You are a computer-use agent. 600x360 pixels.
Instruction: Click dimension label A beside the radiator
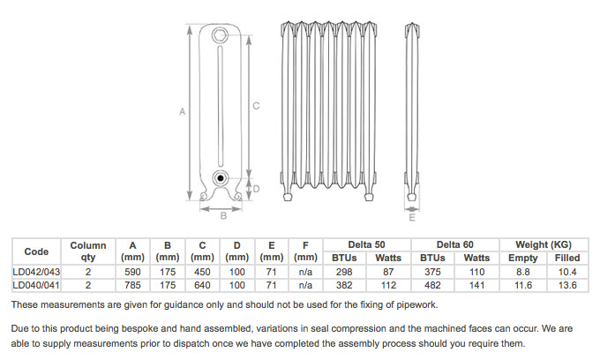point(181,112)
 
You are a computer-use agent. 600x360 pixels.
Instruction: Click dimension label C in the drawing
point(255,106)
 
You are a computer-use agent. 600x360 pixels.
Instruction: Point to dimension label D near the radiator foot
point(256,189)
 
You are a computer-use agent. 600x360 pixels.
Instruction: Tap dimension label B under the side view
point(224,215)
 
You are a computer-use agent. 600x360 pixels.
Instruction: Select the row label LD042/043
point(36,272)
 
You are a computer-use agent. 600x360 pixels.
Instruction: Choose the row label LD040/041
point(36,285)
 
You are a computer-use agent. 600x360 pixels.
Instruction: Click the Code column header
point(36,251)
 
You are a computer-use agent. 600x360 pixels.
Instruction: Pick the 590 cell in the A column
point(132,272)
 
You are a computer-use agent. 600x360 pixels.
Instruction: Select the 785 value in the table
point(132,285)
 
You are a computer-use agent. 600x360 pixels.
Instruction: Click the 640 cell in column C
point(202,285)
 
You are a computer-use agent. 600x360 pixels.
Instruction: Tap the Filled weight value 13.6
point(567,285)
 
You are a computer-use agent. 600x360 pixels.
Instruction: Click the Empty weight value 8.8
point(522,272)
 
